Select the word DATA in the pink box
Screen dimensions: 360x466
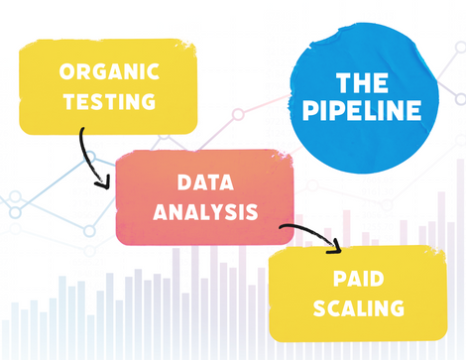tap(205, 183)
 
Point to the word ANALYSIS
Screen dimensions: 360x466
tap(205, 211)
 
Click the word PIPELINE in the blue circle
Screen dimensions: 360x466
tap(363, 112)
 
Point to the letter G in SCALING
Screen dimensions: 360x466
tap(397, 307)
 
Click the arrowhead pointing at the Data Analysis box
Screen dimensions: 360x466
tap(103, 182)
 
